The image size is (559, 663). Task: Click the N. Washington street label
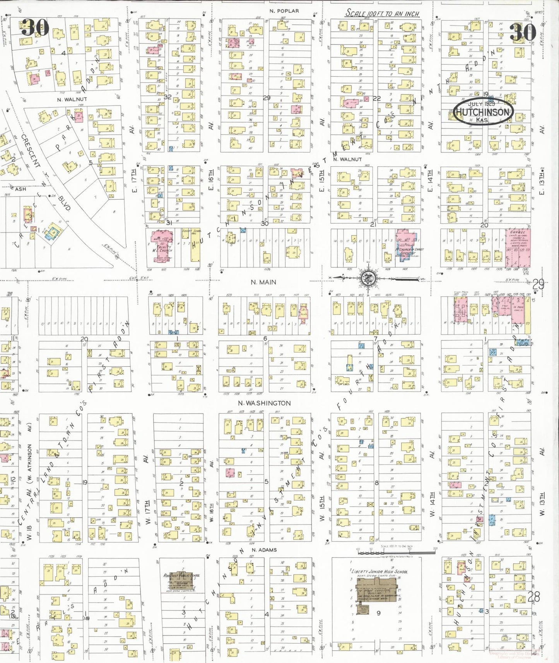pos(264,403)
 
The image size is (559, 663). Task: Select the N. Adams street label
pos(264,550)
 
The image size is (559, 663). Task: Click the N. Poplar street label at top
pos(284,11)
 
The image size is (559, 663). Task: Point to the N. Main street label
pos(263,282)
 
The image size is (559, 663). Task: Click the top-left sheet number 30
pos(35,27)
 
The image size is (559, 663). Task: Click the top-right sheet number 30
pos(523,32)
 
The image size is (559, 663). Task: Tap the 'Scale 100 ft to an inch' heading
pos(382,13)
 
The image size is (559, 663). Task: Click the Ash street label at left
pos(21,189)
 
